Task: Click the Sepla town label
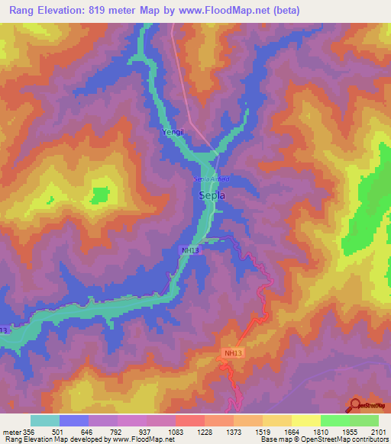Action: coord(212,196)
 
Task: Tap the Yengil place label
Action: coord(171,133)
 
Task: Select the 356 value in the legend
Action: coord(30,432)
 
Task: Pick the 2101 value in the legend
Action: coord(379,432)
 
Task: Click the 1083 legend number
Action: coord(176,432)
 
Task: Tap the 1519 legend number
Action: coord(263,432)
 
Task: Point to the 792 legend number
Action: coord(117,432)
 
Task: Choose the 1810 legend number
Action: coord(321,432)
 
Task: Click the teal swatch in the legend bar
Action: coord(45,420)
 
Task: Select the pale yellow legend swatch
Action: coord(305,420)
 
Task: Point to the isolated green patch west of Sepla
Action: coord(99,195)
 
